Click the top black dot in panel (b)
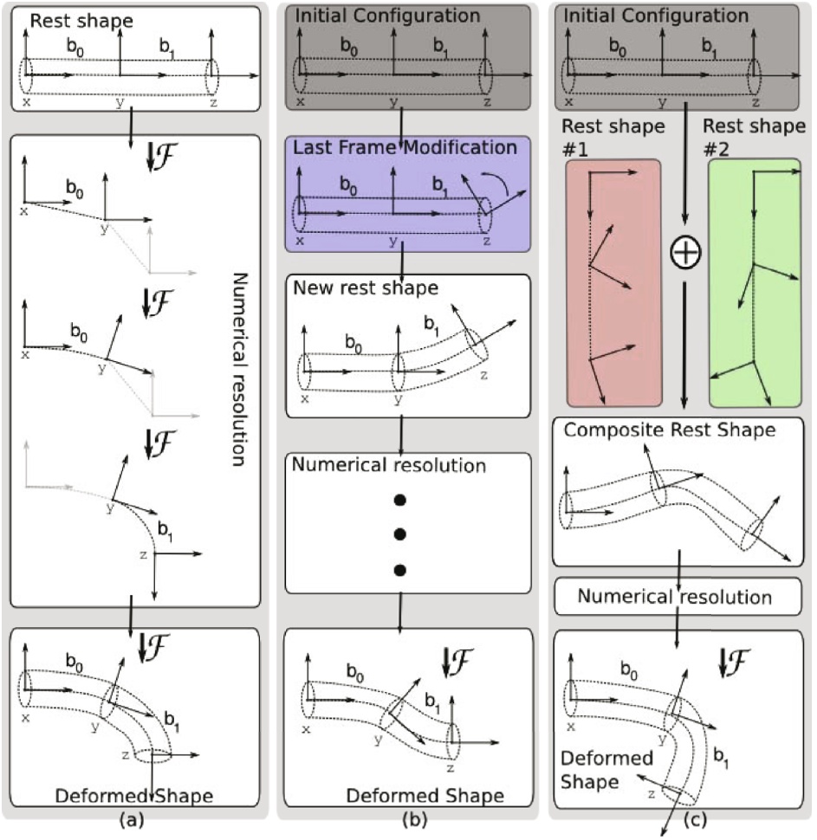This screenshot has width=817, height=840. pyautogui.click(x=399, y=501)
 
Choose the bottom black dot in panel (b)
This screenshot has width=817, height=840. pyautogui.click(x=399, y=569)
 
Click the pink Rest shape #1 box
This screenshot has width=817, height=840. pyautogui.click(x=613, y=282)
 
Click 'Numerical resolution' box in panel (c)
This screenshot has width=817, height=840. pyautogui.click(x=676, y=597)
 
